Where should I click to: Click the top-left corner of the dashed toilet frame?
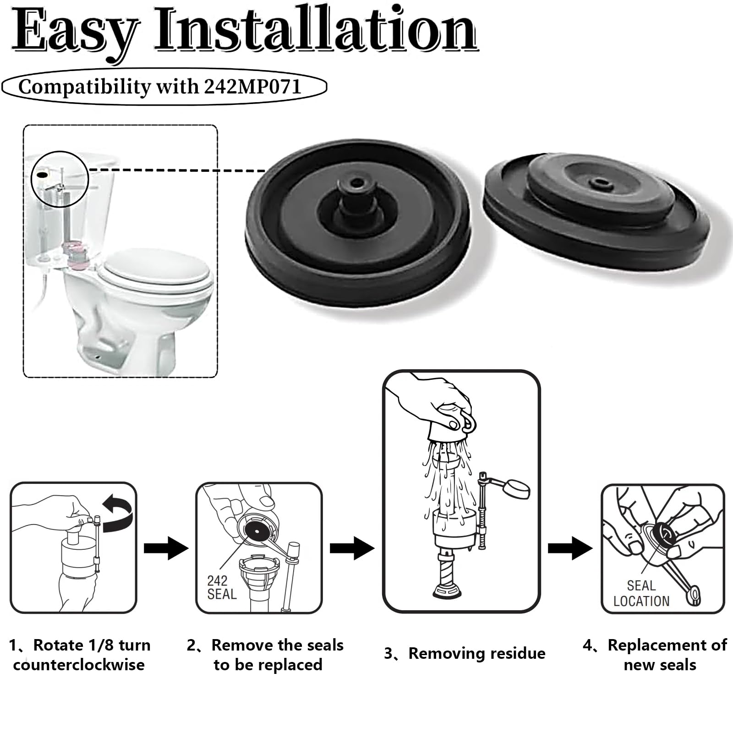tap(23, 125)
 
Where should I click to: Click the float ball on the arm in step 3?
tap(517, 488)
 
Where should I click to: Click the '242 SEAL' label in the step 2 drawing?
tap(222, 587)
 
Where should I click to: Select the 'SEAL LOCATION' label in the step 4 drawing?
tap(641, 593)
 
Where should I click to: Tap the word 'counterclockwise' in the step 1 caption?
tap(79, 665)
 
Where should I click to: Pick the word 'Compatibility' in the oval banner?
tap(84, 87)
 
